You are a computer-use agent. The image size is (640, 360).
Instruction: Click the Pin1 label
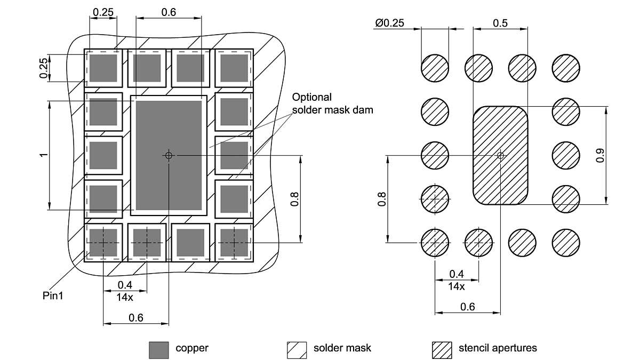53,295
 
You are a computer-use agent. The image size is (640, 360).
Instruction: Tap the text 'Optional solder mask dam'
332,103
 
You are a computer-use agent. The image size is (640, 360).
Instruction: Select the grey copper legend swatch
158,350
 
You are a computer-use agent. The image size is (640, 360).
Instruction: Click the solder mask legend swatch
297,350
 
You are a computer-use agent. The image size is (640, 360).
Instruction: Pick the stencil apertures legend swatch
442,350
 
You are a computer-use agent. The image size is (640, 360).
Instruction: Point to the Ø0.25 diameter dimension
389,23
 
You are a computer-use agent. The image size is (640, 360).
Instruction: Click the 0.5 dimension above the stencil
500,23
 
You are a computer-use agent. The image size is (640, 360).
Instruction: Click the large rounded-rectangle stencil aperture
500,176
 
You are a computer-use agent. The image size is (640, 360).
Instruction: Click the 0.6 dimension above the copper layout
169,11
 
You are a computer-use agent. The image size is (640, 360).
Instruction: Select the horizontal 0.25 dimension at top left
102,11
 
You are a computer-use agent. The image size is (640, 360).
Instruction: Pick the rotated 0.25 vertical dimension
44,68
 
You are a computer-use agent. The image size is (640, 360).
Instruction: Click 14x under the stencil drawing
456,286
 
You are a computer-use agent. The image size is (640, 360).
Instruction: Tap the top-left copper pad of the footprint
103,68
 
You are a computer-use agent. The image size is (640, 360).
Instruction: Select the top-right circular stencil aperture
566,68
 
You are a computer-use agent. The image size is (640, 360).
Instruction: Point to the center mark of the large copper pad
169,155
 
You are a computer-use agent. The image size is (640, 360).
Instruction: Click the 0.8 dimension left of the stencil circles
381,198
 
